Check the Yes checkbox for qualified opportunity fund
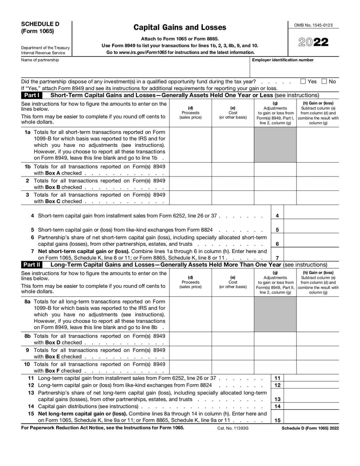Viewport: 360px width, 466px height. [303, 81]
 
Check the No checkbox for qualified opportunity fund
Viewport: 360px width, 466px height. [324, 81]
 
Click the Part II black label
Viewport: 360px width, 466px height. [32, 265]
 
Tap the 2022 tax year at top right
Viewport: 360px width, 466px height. [313, 42]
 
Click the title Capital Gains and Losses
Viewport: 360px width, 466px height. [180, 27]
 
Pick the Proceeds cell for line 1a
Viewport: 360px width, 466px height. [190, 145]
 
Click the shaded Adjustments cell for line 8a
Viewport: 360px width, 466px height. [275, 314]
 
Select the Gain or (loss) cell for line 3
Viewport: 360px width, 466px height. [317, 198]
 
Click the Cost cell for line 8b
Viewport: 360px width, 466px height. [233, 339]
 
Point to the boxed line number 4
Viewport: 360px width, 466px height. [277, 216]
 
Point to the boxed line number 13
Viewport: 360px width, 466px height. [278, 399]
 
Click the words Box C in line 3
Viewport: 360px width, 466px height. [53, 201]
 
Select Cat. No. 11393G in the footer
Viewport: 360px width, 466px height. [233, 428]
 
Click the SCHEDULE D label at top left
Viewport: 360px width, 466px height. [40, 24]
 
